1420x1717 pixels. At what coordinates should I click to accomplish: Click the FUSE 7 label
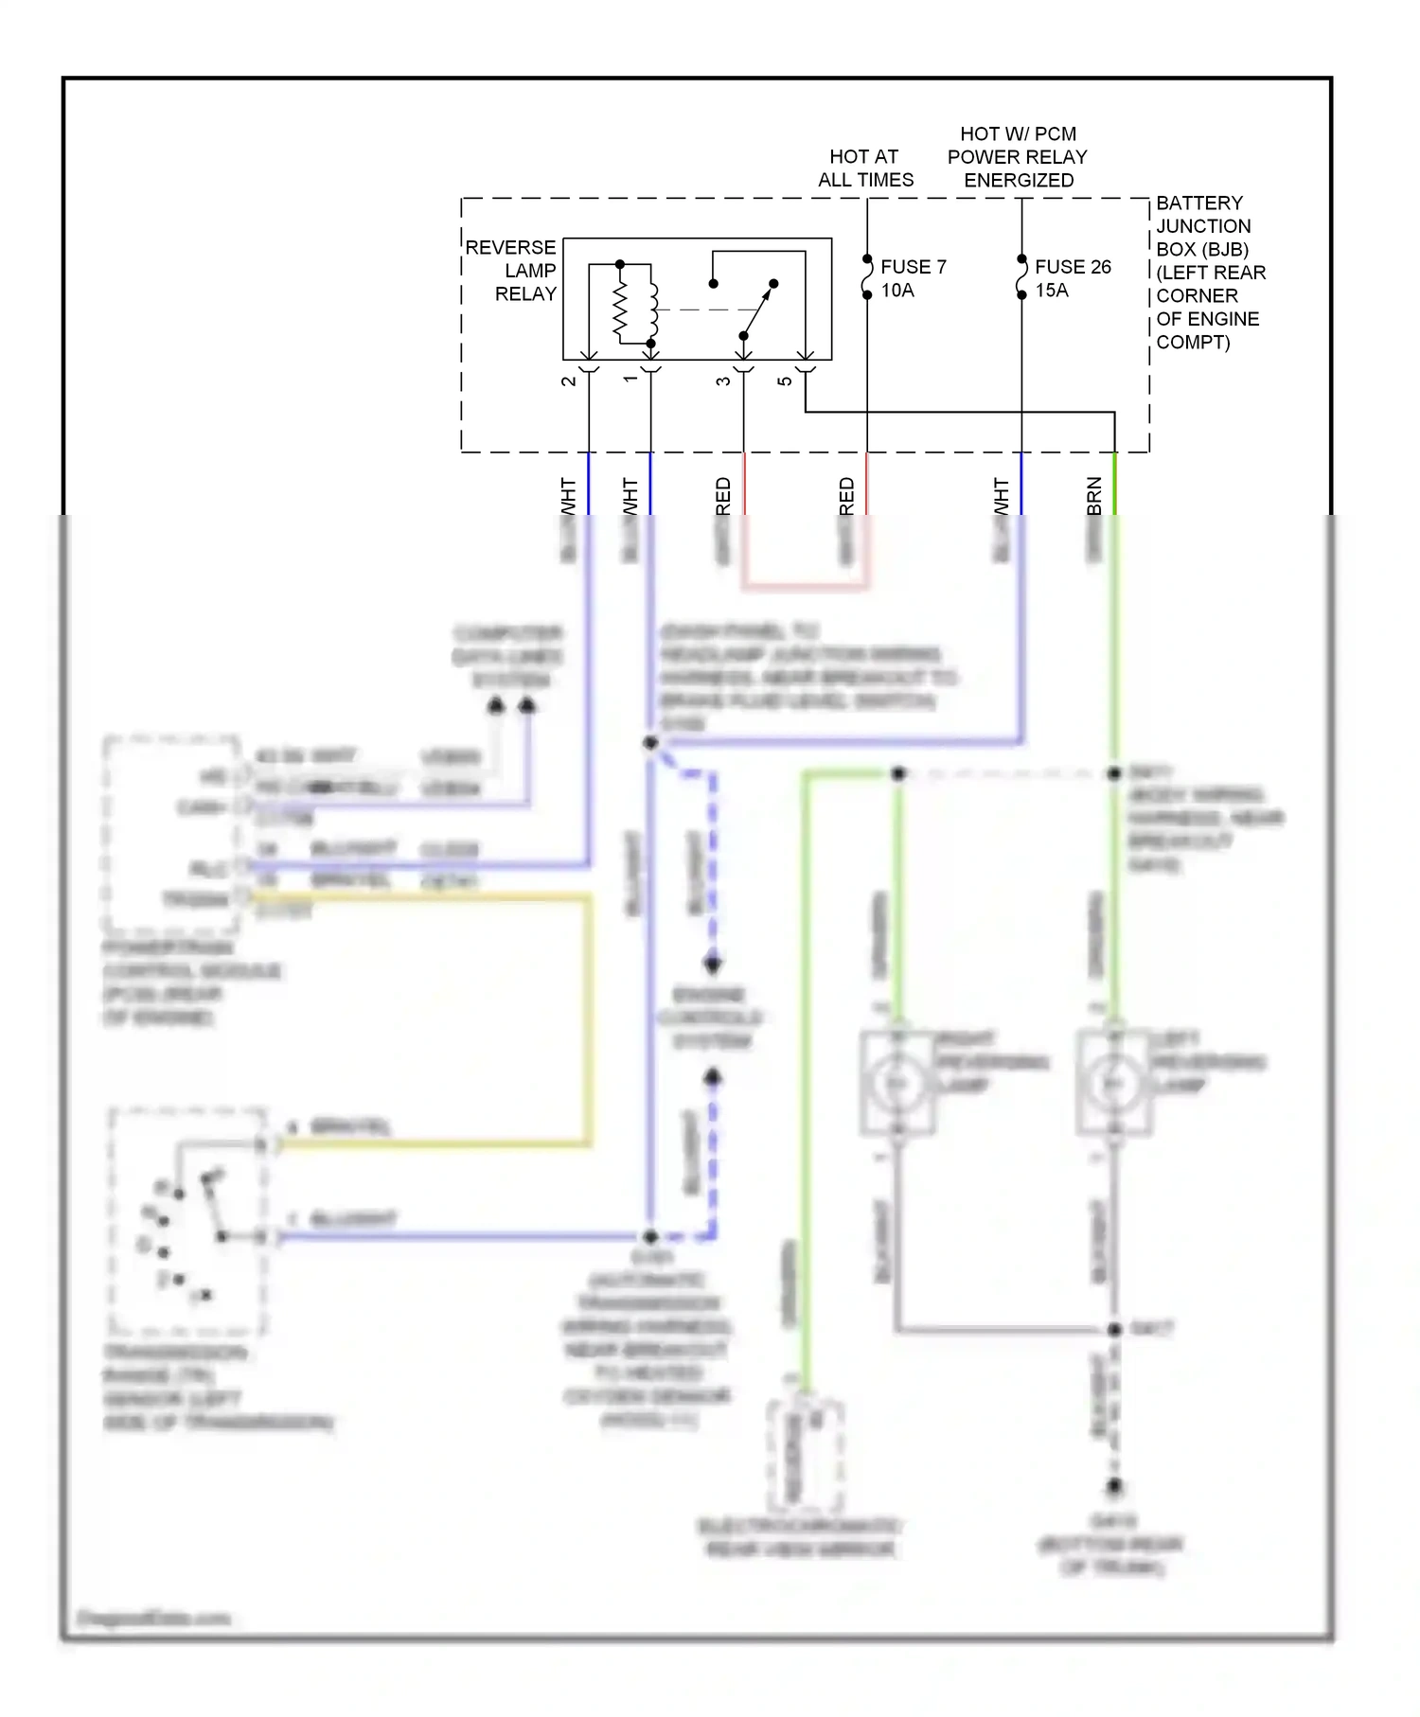913,267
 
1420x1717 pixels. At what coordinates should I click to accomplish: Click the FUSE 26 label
1072,267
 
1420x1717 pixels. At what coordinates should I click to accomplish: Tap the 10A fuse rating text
897,291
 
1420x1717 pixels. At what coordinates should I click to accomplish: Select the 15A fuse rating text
1051,291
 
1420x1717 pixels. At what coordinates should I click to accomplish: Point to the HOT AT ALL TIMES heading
864,168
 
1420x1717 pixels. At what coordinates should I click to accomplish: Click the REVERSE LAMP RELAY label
512,271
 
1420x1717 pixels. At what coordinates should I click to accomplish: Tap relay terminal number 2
569,381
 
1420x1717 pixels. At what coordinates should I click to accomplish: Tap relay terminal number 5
785,381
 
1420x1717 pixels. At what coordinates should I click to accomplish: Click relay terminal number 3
723,381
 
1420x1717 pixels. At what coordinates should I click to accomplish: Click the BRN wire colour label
1094,496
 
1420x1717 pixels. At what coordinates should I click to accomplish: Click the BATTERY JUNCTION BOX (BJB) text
1202,226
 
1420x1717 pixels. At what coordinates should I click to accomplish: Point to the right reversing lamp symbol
896,1083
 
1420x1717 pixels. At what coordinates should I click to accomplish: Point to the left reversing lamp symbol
1113,1083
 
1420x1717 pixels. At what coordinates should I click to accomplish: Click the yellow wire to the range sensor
589,1022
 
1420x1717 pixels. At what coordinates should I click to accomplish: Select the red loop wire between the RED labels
805,587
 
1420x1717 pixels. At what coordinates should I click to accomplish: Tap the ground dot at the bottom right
1114,1486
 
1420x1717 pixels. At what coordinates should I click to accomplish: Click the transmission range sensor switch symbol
189,1221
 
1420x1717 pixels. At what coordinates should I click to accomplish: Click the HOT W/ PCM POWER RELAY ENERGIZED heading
1018,156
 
